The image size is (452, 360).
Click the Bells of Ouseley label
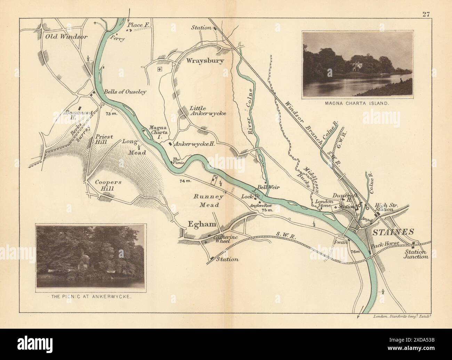[125, 92]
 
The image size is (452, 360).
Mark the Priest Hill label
[104, 140]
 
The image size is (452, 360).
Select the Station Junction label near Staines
[416, 254]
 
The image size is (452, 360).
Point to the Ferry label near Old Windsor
[117, 39]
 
